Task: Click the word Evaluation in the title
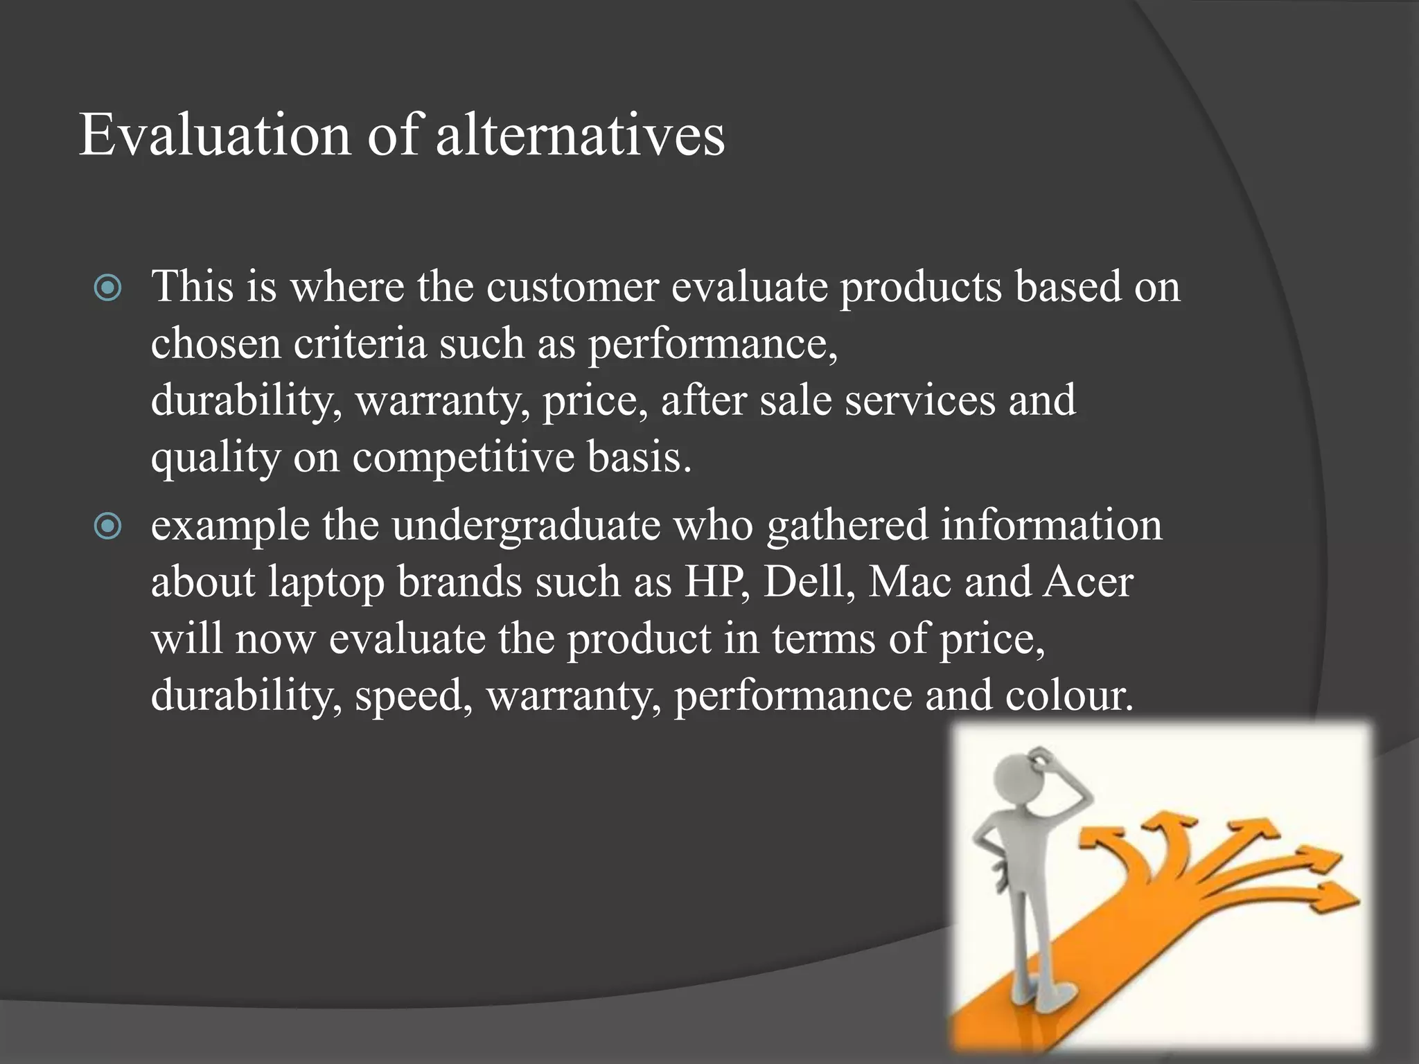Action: point(215,135)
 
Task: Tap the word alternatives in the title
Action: point(580,135)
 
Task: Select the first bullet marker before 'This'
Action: point(108,288)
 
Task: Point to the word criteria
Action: point(360,344)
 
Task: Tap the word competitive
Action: point(464,457)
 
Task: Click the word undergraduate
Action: point(526,526)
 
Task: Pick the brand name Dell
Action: point(808,582)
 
